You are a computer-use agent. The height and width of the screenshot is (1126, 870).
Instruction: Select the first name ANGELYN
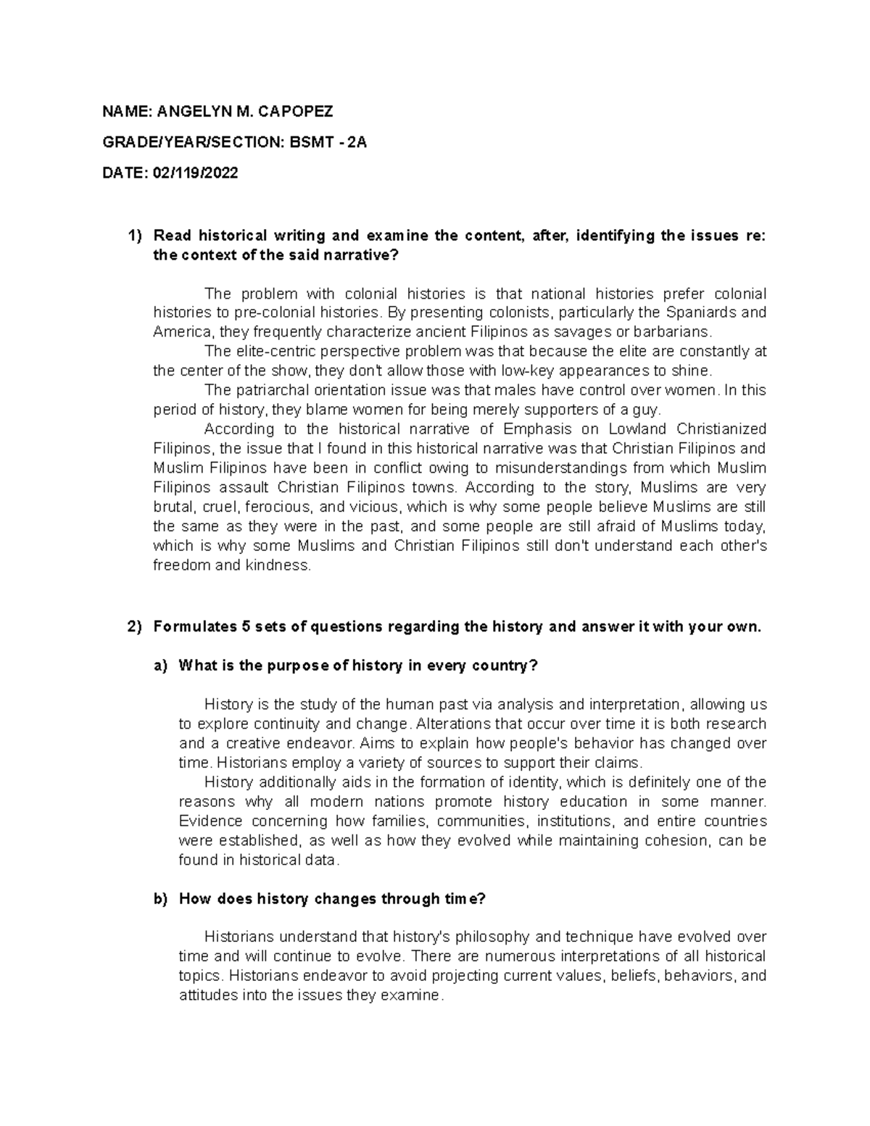(x=192, y=111)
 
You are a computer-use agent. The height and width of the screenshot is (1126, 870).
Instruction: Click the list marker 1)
(x=135, y=236)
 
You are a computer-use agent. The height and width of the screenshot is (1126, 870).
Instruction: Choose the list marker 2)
(x=135, y=627)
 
